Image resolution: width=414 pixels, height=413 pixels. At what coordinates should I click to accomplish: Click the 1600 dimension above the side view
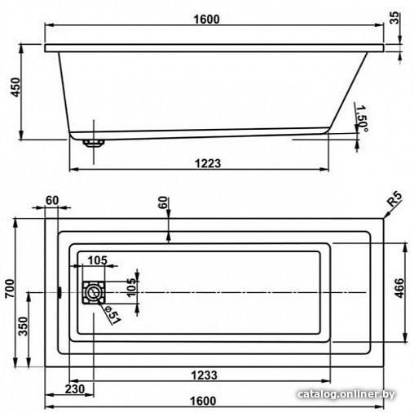pyautogui.click(x=206, y=19)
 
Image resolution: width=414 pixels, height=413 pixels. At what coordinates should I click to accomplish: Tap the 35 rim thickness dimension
pyautogui.click(x=394, y=18)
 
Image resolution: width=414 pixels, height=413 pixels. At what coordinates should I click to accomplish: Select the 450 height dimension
pyautogui.click(x=15, y=87)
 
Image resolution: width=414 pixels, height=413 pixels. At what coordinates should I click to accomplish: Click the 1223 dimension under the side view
pyautogui.click(x=208, y=163)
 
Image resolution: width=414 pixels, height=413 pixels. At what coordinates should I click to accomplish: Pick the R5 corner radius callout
pyautogui.click(x=394, y=199)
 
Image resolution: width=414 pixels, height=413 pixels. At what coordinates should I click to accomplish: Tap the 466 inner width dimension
pyautogui.click(x=399, y=288)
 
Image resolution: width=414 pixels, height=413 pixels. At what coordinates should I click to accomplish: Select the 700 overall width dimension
pyautogui.click(x=10, y=288)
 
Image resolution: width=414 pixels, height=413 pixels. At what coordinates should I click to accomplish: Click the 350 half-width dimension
pyautogui.click(x=24, y=326)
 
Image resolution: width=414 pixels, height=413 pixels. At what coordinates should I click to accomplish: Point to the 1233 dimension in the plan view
pyautogui.click(x=205, y=375)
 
